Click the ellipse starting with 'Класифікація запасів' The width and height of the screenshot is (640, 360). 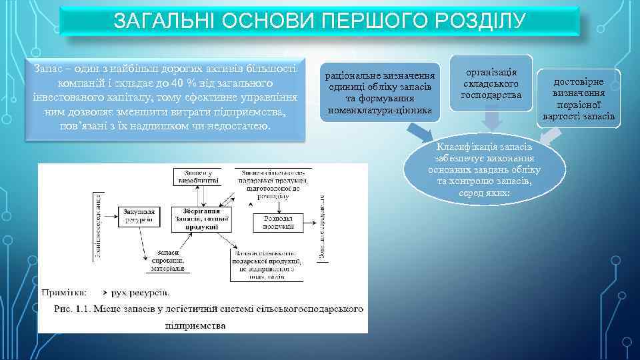(483, 169)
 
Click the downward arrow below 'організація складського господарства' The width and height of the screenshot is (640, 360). (492, 120)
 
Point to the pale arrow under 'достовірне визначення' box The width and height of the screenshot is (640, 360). (549, 135)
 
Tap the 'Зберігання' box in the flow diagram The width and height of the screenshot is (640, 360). (201, 219)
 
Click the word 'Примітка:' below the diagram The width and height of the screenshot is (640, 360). (63, 292)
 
